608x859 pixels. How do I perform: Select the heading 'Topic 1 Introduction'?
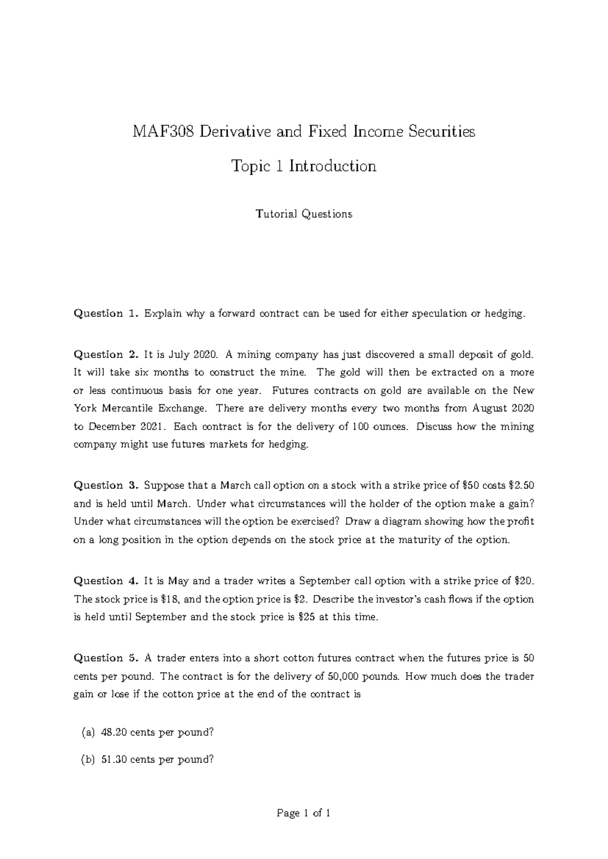point(303,166)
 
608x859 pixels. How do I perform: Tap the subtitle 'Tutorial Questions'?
point(303,214)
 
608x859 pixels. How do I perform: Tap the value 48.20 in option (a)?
point(114,733)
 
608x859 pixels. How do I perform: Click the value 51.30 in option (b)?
point(114,760)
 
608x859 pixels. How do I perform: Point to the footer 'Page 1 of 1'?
point(303,814)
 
